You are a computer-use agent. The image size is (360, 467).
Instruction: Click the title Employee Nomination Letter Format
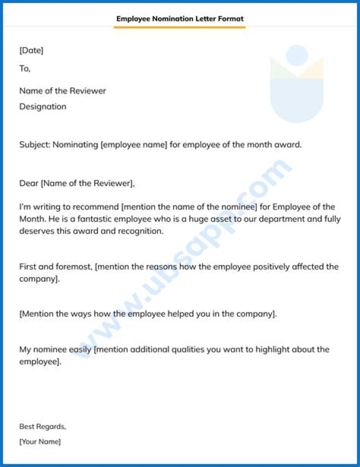coord(180,19)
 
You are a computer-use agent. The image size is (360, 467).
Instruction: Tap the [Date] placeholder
coord(31,50)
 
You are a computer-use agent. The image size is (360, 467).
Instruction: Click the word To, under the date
coord(24,68)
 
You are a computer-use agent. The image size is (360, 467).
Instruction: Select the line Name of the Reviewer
coord(62,91)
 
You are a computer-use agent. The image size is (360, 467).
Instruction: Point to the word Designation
coord(42,106)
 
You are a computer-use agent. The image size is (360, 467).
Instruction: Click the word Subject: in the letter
coord(35,145)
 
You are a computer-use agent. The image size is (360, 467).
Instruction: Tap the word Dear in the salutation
coord(28,183)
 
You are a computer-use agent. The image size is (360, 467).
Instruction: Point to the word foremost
coord(74,266)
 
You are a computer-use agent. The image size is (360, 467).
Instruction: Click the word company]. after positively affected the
coord(39,279)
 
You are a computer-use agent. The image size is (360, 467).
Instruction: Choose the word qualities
coord(188,349)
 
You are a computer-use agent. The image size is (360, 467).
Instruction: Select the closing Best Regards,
coord(42,426)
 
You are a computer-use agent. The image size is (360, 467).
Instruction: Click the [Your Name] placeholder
coord(40,441)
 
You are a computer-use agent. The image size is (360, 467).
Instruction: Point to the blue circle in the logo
coord(297,55)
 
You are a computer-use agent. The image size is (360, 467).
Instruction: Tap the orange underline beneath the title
coord(180,27)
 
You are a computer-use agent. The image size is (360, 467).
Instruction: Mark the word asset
coord(243,219)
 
